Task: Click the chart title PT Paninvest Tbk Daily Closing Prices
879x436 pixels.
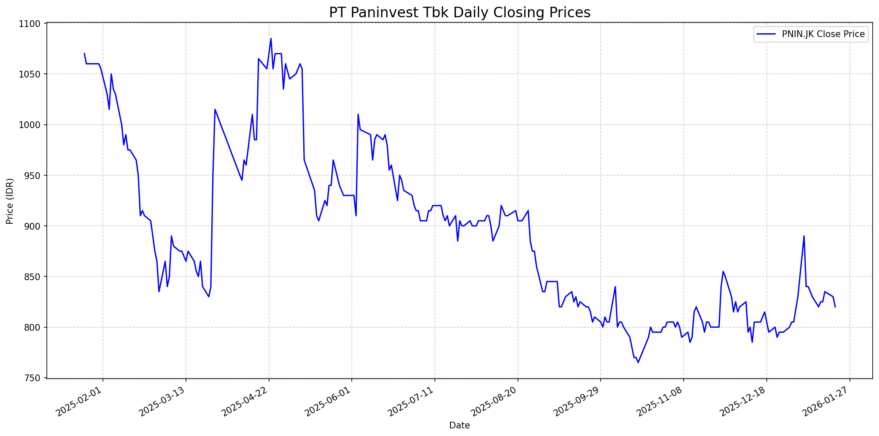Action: (x=459, y=13)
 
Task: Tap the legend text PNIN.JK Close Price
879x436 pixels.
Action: (x=823, y=35)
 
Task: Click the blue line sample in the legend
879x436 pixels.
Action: (x=766, y=35)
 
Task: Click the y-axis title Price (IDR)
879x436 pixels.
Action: (x=10, y=201)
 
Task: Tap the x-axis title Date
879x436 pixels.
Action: (x=459, y=425)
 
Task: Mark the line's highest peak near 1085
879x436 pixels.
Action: (x=271, y=39)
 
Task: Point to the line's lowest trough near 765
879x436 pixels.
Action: (x=638, y=362)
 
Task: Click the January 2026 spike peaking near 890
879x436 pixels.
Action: (x=804, y=236)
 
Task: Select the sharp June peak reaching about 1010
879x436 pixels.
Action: (x=358, y=115)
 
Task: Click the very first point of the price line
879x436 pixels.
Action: (x=84, y=53)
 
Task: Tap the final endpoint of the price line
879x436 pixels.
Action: (x=835, y=307)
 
